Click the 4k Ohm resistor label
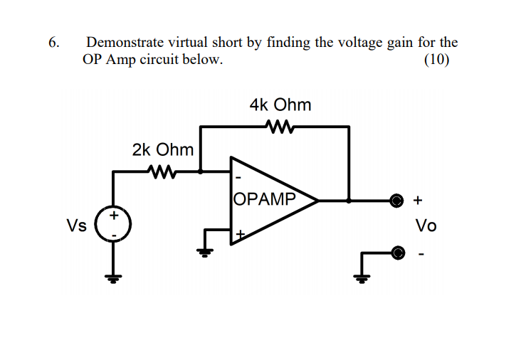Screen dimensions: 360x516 280,105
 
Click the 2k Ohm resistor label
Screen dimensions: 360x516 162,149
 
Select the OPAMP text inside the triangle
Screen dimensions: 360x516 263,198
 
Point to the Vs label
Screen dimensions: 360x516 76,226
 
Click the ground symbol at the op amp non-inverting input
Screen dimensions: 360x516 206,250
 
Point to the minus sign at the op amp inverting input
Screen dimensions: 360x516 238,177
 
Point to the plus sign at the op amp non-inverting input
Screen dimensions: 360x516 240,233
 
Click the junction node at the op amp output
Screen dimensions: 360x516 348,201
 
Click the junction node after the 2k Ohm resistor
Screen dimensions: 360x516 201,171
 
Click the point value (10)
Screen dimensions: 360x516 436,60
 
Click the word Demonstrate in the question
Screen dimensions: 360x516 121,43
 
